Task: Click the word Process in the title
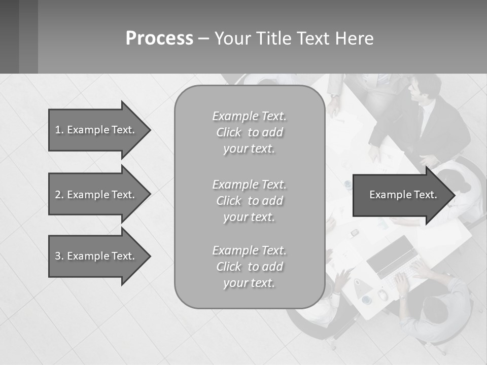(x=159, y=39)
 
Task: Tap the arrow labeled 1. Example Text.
(x=95, y=130)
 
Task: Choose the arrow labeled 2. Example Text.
(x=95, y=195)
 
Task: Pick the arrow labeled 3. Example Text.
(x=95, y=256)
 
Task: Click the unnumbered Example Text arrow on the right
(x=403, y=195)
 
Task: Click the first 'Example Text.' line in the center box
(x=249, y=116)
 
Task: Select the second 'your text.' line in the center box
(x=249, y=217)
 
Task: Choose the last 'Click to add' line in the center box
(x=249, y=267)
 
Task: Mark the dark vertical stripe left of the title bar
(x=28, y=36)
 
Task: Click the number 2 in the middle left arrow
(x=57, y=195)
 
